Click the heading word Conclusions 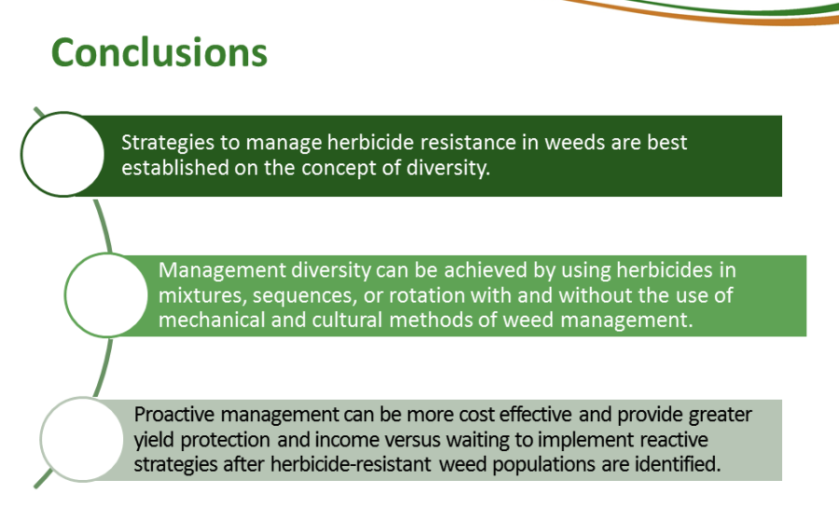coord(158,52)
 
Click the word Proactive coord(174,415)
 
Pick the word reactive coord(674,440)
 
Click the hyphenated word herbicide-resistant coord(350,464)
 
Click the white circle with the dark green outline coord(62,154)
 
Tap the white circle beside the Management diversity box coord(106,295)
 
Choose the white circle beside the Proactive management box coord(82,439)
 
